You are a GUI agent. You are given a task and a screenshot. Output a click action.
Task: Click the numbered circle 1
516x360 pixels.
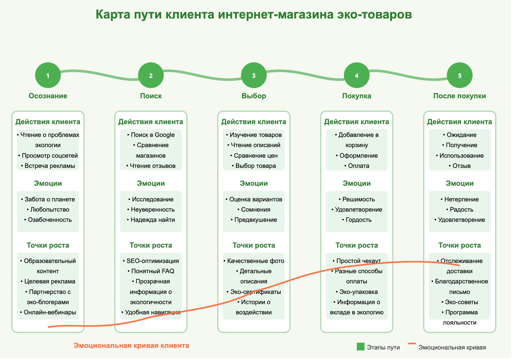48,76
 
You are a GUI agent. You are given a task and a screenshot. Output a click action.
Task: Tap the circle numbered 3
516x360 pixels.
254,76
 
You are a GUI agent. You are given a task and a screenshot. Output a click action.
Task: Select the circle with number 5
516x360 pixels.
460,76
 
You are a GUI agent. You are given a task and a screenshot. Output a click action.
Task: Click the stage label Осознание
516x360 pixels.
48,96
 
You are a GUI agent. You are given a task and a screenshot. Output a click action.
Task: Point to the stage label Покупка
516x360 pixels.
357,96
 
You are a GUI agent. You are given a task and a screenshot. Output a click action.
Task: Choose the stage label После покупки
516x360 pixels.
460,96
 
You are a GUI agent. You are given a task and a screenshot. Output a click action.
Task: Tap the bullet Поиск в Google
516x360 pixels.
151,135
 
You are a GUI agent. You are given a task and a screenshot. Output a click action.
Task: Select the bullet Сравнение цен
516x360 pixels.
254,156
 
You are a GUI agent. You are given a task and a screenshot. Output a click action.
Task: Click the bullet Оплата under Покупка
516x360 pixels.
357,166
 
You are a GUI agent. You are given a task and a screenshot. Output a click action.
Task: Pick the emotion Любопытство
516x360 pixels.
48,209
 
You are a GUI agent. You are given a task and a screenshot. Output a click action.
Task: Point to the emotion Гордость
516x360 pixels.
357,220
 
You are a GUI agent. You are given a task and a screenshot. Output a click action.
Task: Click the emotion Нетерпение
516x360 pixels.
460,199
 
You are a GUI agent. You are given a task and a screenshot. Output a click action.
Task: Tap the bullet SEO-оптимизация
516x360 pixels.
151,261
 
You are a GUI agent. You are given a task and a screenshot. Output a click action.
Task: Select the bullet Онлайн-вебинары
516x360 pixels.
48,312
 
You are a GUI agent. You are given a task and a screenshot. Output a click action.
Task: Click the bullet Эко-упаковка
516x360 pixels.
357,292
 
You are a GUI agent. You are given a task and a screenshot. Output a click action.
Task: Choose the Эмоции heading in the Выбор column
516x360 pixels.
254,184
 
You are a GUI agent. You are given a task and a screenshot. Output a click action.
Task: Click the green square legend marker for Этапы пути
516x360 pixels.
360,347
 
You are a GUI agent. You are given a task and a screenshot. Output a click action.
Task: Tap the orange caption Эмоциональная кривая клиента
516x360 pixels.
131,346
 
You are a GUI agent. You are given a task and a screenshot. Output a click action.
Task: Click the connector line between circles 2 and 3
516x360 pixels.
202,75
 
